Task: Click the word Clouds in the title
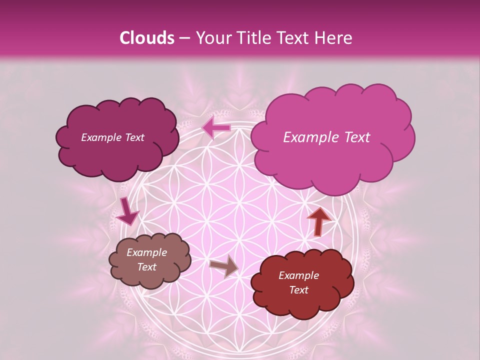click(146, 38)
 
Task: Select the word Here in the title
click(333, 38)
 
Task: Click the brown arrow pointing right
click(224, 265)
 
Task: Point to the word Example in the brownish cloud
click(146, 252)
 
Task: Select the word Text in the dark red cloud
click(298, 290)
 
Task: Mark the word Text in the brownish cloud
click(146, 267)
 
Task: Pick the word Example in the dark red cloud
click(298, 275)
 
